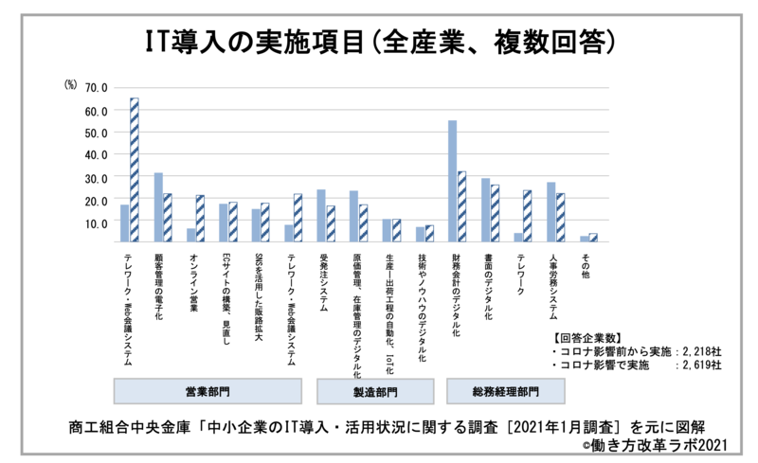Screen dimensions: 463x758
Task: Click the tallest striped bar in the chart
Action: [134, 170]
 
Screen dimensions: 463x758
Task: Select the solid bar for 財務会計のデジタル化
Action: [452, 181]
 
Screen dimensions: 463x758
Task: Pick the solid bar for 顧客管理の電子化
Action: [158, 207]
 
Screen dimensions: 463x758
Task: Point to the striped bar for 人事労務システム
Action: [560, 218]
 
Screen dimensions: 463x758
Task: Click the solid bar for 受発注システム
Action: [321, 216]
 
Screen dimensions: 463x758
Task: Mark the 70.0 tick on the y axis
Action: [97, 88]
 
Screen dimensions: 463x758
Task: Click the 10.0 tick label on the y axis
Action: [97, 223]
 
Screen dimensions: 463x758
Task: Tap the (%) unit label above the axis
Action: [69, 86]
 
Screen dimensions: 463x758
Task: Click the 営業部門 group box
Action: [208, 391]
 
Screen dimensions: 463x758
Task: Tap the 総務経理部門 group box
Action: [505, 391]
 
